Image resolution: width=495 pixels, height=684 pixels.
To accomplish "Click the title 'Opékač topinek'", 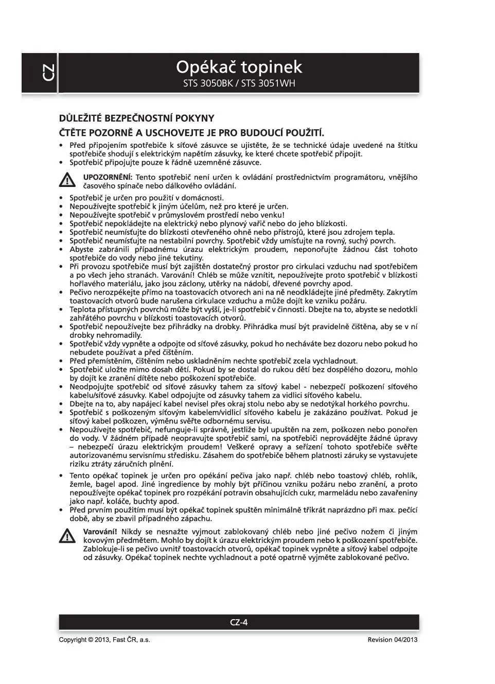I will [x=239, y=67].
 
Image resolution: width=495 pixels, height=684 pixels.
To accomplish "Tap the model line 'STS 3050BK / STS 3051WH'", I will [x=239, y=83].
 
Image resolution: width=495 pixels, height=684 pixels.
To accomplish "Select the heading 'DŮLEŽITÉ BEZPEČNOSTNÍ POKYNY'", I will [x=136, y=118].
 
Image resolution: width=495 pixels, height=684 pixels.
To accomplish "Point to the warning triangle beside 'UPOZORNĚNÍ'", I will [x=67, y=181].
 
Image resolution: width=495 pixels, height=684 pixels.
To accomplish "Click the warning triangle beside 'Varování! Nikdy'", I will [x=67, y=536].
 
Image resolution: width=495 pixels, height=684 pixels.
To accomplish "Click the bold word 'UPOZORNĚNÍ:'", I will [x=108, y=177].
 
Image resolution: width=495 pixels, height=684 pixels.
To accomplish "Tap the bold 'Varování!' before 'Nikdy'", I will [x=100, y=532].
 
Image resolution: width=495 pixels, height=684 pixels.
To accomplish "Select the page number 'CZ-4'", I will [x=239, y=622].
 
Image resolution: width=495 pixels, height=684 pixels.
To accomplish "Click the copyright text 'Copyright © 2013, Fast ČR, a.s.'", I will [x=104, y=640].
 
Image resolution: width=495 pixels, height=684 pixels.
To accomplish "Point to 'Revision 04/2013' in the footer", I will [x=392, y=640].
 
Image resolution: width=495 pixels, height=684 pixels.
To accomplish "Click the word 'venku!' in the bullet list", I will [x=272, y=215].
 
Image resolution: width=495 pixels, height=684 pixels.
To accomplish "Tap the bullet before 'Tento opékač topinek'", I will [x=62, y=476].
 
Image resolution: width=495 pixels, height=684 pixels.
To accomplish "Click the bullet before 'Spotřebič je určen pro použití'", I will [x=62, y=198].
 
